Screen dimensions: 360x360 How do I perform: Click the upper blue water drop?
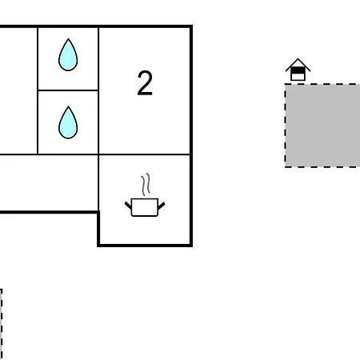(x=68, y=55)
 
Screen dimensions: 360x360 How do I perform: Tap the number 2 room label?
(x=145, y=83)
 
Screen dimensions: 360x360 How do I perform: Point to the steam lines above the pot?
(x=146, y=184)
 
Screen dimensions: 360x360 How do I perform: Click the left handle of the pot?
(x=128, y=206)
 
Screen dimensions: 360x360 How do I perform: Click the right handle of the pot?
(x=162, y=206)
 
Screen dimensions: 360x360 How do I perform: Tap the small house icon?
(x=298, y=70)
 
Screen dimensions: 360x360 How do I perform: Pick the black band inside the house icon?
(x=298, y=70)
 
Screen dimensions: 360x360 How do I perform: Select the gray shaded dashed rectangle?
(x=322, y=126)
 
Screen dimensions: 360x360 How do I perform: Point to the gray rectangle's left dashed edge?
(x=286, y=126)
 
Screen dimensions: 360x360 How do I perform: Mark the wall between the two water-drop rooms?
(x=68, y=90)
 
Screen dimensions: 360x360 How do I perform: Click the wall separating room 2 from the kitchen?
(x=145, y=154)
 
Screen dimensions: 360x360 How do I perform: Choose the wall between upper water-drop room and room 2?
(x=98, y=58)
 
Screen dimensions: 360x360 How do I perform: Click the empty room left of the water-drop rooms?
(x=18, y=90)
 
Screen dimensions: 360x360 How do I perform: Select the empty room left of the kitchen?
(x=49, y=183)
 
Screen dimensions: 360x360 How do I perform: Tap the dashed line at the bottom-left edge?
(x=2, y=324)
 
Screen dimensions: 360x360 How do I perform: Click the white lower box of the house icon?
(x=298, y=77)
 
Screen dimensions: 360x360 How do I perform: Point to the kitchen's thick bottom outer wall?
(x=145, y=245)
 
